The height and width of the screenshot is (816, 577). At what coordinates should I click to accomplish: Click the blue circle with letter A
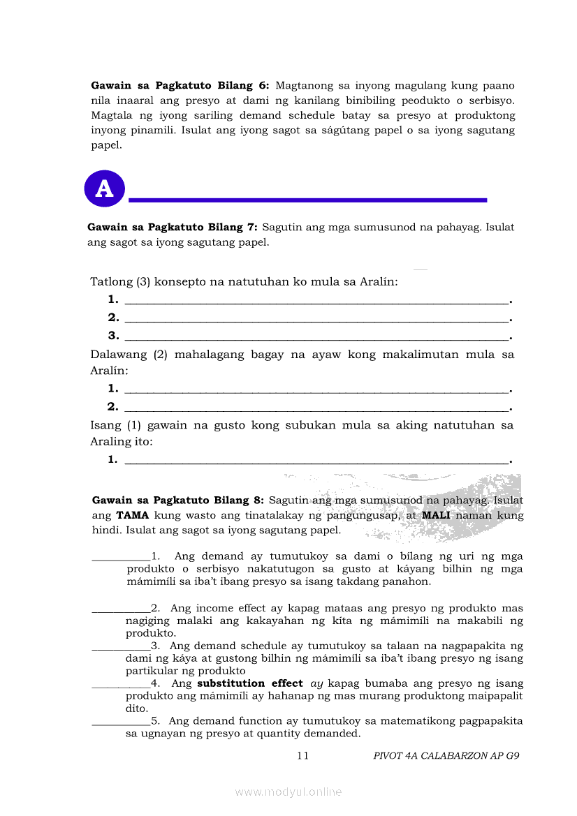tap(104, 188)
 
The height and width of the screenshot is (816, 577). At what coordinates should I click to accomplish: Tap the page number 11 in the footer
tap(302, 755)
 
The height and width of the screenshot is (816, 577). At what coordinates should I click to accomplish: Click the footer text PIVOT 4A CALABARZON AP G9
tap(446, 755)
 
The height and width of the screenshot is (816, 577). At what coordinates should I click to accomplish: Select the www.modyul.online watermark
tap(288, 792)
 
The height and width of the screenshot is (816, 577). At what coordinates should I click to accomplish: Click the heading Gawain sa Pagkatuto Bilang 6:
tap(180, 86)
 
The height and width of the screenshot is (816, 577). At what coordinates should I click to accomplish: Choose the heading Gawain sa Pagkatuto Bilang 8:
tap(178, 500)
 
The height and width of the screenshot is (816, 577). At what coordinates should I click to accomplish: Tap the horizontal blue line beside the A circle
tap(307, 200)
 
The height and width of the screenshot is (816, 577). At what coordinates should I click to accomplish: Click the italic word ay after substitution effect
tap(316, 684)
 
